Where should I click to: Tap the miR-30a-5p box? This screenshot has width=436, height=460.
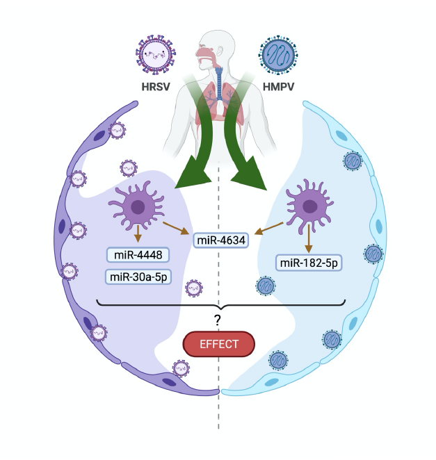click(x=139, y=277)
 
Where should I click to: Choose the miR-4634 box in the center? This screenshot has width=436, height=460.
click(x=222, y=241)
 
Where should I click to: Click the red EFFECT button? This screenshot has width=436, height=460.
click(x=219, y=343)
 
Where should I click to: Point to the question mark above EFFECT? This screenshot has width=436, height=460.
click(x=218, y=320)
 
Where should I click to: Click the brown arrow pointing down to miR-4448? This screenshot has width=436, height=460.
click(x=138, y=235)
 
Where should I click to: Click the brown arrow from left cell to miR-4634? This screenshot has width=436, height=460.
click(x=177, y=229)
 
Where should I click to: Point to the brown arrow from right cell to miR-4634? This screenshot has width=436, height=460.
click(x=269, y=229)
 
